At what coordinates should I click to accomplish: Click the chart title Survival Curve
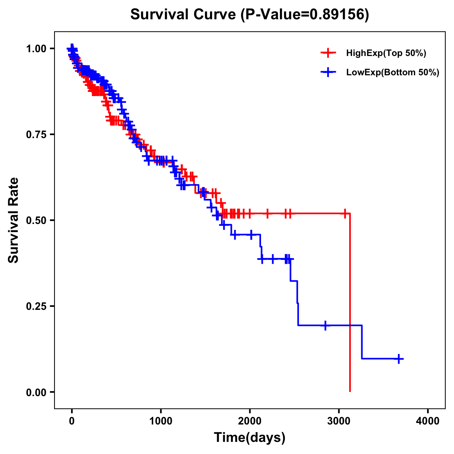[184, 14]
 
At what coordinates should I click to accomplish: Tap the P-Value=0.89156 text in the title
[306, 14]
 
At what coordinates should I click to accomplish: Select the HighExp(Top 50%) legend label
[386, 53]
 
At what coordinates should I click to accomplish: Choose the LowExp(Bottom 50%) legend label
[393, 73]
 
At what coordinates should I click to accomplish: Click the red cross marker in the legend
[328, 53]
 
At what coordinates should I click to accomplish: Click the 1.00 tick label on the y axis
[36, 49]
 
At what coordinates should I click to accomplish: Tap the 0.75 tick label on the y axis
[36, 135]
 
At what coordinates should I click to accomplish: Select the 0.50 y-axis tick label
[36, 221]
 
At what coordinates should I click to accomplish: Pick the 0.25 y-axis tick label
[36, 306]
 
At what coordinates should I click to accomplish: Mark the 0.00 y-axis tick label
[36, 392]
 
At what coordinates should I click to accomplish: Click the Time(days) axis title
[250, 438]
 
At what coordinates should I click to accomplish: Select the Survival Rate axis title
[14, 220]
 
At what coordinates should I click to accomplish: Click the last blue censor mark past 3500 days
[399, 359]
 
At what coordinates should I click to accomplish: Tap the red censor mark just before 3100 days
[345, 213]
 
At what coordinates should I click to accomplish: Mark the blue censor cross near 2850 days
[325, 325]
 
